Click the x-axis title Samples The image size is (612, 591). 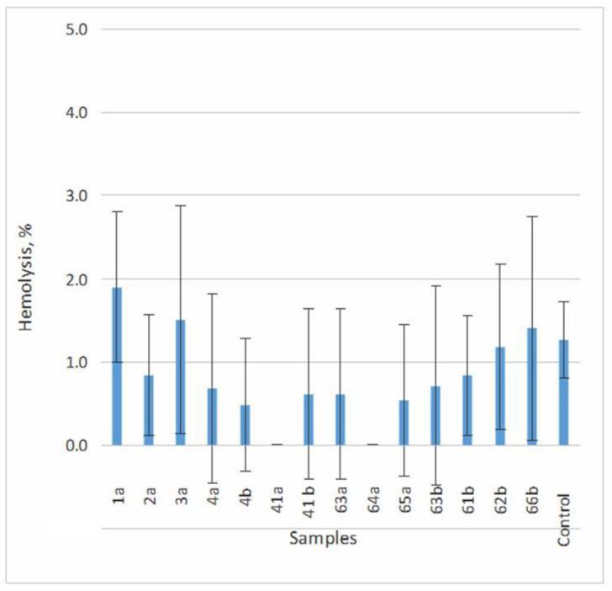tap(323, 539)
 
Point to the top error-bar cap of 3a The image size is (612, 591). tap(180, 205)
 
